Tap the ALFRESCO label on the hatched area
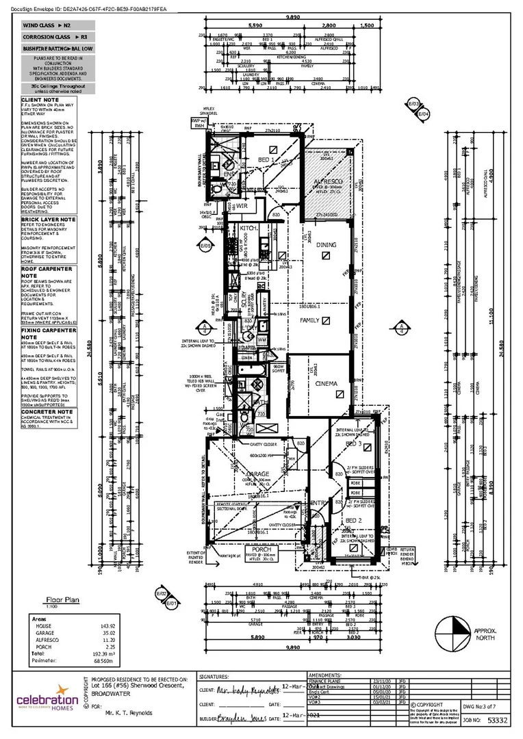click(x=329, y=182)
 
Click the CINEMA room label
click(x=326, y=384)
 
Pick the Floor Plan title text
click(x=62, y=599)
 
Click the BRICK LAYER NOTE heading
click(x=49, y=220)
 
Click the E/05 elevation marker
click(x=205, y=244)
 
